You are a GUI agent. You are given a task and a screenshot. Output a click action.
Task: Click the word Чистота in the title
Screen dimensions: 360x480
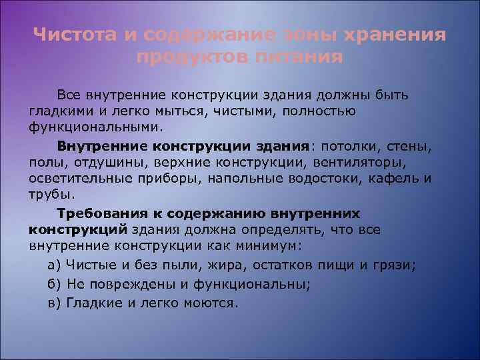75,35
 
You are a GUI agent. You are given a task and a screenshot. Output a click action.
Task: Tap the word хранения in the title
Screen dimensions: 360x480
395,35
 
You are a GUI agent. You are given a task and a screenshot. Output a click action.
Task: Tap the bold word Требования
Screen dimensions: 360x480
99,213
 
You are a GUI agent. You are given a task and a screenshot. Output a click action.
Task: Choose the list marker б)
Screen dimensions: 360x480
55,284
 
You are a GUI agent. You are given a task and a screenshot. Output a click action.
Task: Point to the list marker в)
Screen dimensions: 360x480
55,303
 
